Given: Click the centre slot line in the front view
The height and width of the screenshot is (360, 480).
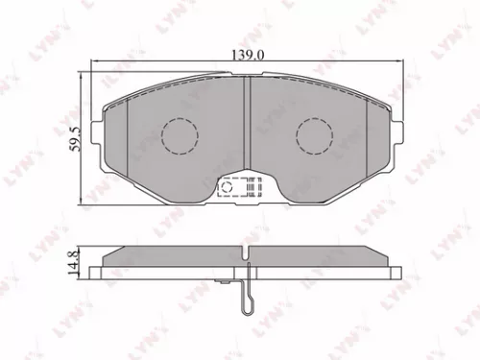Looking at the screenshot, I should pos(248,125).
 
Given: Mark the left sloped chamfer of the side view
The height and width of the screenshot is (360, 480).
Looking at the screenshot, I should pos(108,254).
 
